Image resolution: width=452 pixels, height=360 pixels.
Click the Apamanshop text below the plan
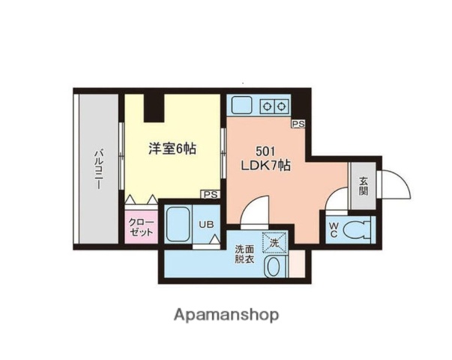[226, 315]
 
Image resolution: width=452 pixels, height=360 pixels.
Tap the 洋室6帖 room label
[172, 149]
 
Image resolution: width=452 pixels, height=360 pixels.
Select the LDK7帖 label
[265, 166]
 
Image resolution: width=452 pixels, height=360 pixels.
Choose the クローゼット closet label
[140, 227]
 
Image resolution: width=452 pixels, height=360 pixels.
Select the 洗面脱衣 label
[244, 254]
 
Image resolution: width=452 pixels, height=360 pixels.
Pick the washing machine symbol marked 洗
[274, 242]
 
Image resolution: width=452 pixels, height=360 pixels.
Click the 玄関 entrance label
[363, 184]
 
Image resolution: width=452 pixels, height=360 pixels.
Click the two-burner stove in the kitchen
[274, 106]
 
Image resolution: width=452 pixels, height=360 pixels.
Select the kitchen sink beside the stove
[244, 104]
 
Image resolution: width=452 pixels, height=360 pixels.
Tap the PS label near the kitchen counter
[298, 124]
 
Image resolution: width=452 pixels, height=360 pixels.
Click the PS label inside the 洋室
[210, 193]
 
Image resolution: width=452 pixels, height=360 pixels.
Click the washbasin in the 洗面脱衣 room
[274, 265]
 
